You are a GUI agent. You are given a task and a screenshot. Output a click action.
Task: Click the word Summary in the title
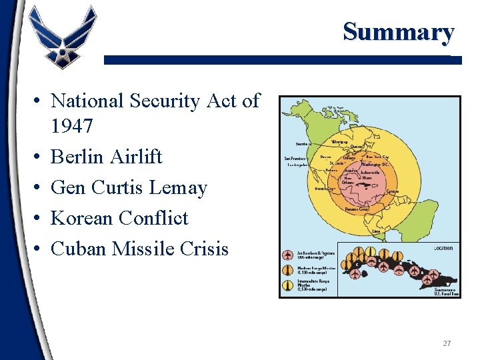pos(398,31)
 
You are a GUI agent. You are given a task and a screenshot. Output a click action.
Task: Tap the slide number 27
pos(446,343)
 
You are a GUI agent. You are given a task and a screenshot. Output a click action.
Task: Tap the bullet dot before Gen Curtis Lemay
pos(39,188)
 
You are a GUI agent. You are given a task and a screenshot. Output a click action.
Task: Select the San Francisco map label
pos(295,159)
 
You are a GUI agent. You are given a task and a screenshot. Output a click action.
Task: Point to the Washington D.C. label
pos(376,164)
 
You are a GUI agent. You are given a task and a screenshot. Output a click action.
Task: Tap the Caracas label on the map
pos(393,191)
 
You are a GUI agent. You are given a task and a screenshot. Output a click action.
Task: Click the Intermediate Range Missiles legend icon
pos(287,285)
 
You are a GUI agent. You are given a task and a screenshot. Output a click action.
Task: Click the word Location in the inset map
pos(443,247)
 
